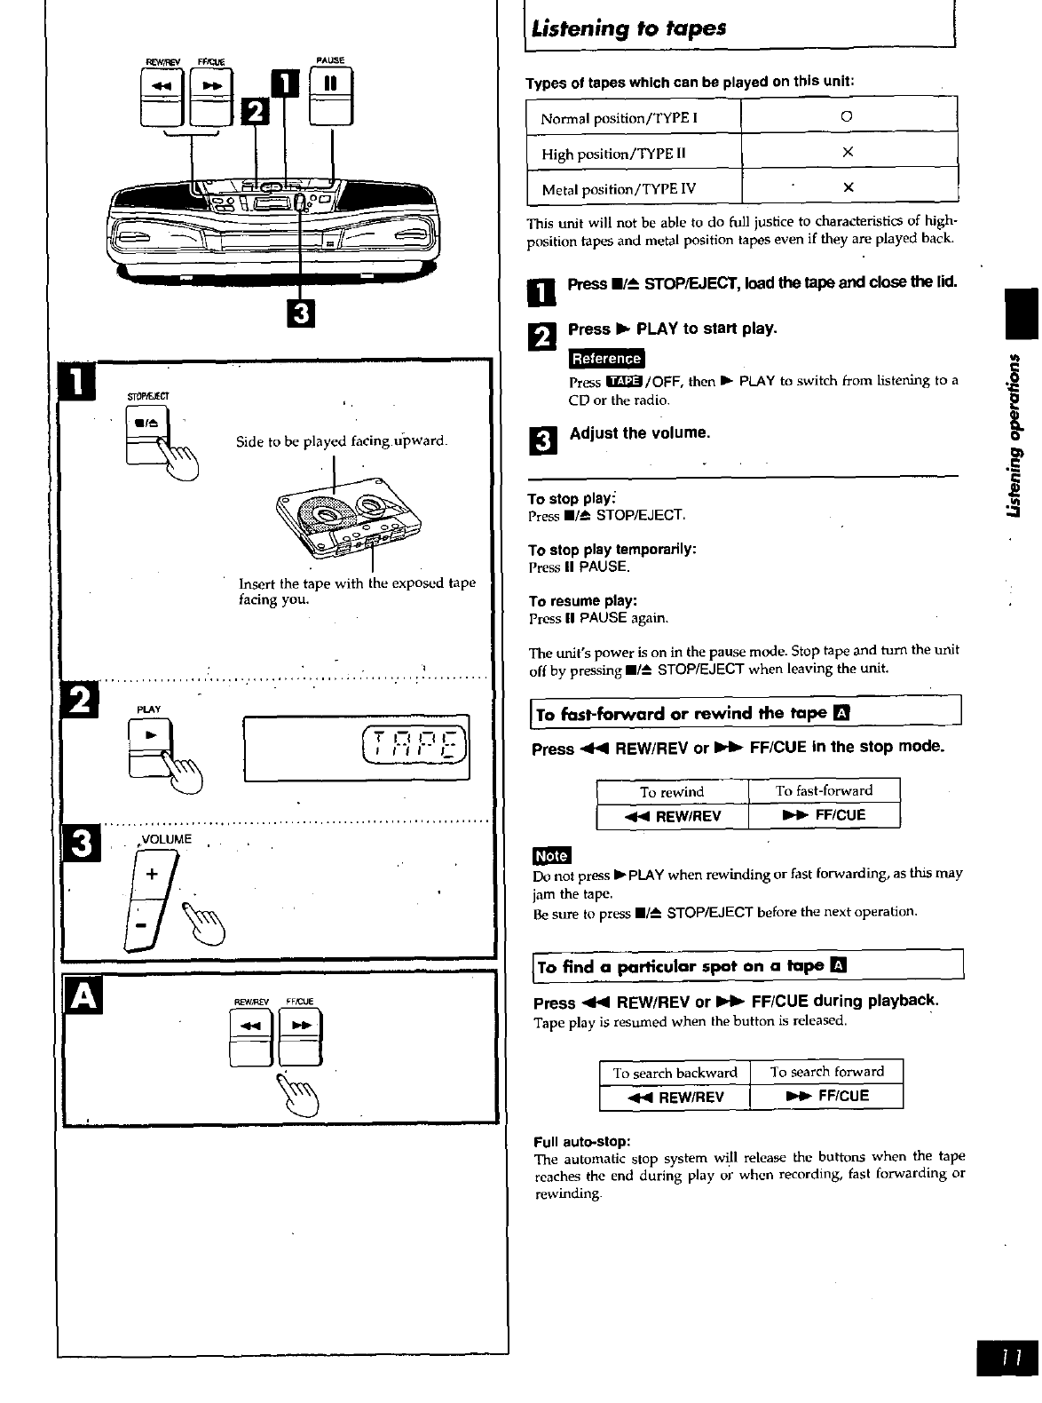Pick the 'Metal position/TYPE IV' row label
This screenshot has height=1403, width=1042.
pos(619,189)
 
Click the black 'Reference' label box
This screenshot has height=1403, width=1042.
pos(607,359)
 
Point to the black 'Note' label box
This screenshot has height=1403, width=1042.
pos(551,855)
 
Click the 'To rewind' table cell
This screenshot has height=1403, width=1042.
pos(672,791)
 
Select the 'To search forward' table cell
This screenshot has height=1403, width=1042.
pos(827,1072)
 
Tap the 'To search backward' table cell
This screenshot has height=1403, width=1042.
pos(675,1073)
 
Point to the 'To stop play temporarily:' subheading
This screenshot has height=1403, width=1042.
pos(612,550)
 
